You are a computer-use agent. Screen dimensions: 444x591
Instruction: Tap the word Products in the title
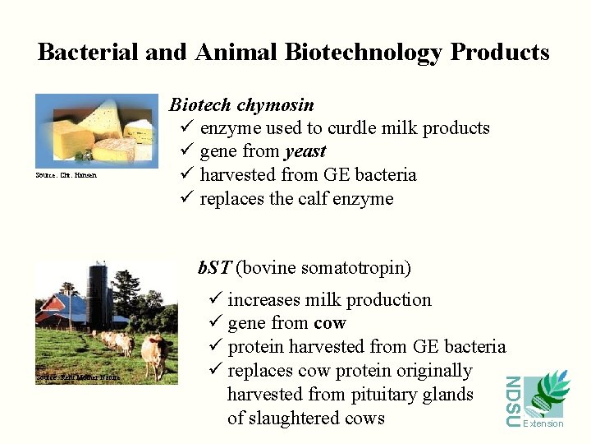(x=499, y=53)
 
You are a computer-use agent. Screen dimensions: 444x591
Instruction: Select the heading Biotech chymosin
(x=241, y=104)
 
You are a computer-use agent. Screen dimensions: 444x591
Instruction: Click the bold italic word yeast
(x=305, y=151)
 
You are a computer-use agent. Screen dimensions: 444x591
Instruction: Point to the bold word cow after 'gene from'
(x=330, y=323)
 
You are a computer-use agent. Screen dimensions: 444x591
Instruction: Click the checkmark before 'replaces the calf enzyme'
(x=185, y=199)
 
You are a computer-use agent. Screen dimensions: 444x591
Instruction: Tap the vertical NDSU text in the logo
(x=512, y=401)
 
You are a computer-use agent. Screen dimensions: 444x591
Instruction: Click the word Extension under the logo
(x=543, y=423)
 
